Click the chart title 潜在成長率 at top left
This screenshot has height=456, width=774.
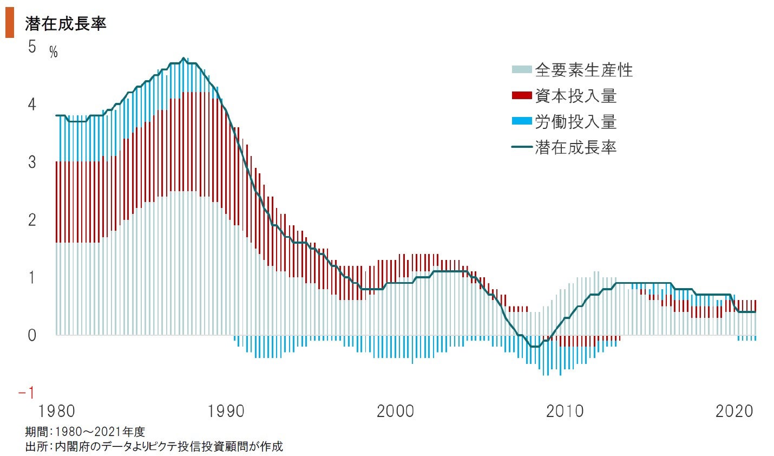(x=65, y=24)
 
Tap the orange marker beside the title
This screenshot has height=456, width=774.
(x=9, y=25)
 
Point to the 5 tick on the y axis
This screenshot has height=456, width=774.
(x=32, y=47)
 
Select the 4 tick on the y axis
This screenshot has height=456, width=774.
(x=32, y=104)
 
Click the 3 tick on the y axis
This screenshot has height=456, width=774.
(x=32, y=162)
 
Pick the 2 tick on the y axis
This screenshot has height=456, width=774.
(x=32, y=219)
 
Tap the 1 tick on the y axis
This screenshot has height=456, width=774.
(x=32, y=277)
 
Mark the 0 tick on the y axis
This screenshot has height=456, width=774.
(x=32, y=335)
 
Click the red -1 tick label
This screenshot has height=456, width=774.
(x=27, y=393)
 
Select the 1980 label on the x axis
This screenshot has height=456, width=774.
(x=57, y=411)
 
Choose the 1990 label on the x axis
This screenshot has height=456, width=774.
(x=226, y=411)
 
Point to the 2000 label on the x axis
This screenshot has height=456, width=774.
(x=395, y=411)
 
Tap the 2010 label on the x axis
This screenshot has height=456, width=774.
(x=565, y=411)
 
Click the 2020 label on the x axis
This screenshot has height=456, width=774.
(x=734, y=411)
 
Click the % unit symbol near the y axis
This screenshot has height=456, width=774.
(x=53, y=53)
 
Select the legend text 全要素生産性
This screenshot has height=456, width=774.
(x=583, y=70)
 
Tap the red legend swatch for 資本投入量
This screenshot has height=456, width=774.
(x=521, y=96)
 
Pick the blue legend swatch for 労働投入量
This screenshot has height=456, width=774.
(x=521, y=121)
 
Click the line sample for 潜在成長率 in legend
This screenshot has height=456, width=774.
(x=521, y=147)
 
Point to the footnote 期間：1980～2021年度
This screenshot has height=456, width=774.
(x=85, y=432)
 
